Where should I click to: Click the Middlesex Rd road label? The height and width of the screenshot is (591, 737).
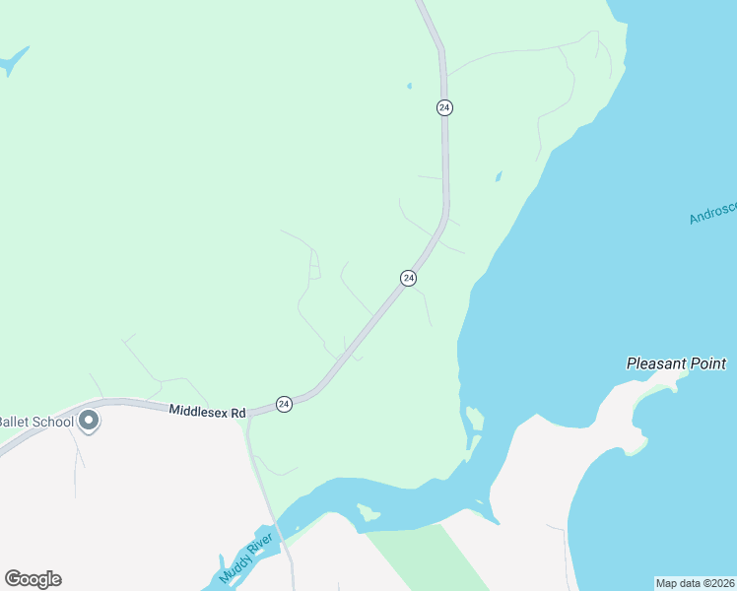pyautogui.click(x=207, y=412)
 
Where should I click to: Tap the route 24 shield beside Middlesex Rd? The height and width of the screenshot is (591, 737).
pyautogui.click(x=284, y=404)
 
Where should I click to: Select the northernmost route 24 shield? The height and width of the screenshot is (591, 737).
pyautogui.click(x=445, y=107)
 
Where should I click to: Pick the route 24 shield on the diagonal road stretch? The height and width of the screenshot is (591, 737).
pyautogui.click(x=408, y=279)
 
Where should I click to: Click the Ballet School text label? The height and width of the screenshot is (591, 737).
pyautogui.click(x=35, y=422)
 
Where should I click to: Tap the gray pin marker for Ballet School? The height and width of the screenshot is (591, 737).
pyautogui.click(x=89, y=421)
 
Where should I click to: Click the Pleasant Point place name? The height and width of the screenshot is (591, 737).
pyautogui.click(x=676, y=363)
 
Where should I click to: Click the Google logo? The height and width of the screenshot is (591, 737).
pyautogui.click(x=33, y=579)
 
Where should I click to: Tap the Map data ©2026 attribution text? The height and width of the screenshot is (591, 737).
pyautogui.click(x=695, y=582)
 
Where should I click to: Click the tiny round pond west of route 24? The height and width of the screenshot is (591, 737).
pyautogui.click(x=409, y=86)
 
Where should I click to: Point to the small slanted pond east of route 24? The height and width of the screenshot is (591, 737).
pyautogui.click(x=498, y=177)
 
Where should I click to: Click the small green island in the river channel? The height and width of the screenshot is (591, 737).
pyautogui.click(x=369, y=512)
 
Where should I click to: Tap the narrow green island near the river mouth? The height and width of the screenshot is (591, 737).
pyautogui.click(x=474, y=419)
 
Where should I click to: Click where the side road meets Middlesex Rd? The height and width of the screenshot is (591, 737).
pyautogui.click(x=248, y=415)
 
